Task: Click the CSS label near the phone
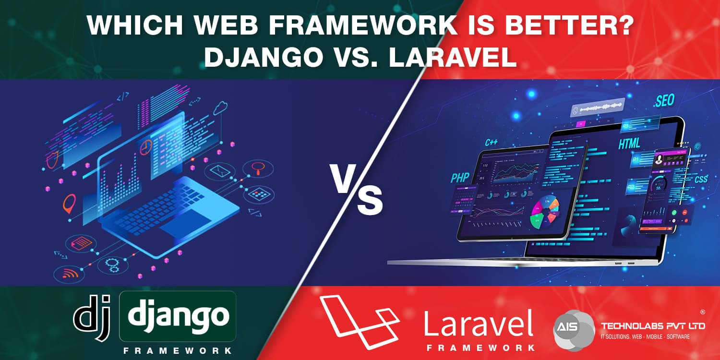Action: click(x=700, y=180)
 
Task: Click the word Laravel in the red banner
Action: click(x=478, y=323)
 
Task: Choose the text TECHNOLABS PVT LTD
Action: click(x=653, y=326)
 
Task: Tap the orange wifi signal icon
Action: click(x=69, y=274)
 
